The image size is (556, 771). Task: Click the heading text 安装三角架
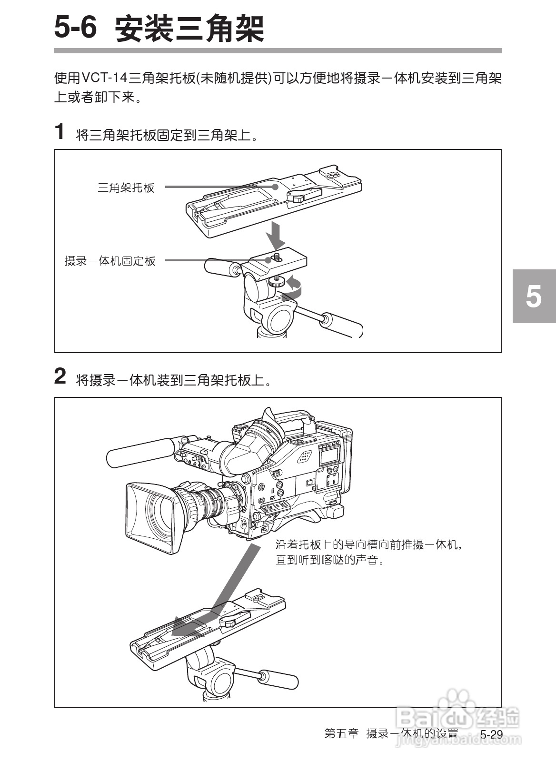tap(189, 29)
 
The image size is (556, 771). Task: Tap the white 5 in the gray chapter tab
tap(534, 296)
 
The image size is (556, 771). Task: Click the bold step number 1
tap(60, 132)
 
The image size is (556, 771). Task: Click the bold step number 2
tap(60, 376)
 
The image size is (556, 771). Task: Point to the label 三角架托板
tap(126, 188)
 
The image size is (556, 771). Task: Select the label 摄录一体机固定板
tap(110, 261)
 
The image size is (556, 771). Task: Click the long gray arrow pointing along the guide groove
tap(224, 595)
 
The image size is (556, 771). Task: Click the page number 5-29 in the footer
tap(491, 734)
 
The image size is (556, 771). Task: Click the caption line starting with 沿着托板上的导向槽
tap(369, 544)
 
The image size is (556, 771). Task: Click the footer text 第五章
tap(341, 733)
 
